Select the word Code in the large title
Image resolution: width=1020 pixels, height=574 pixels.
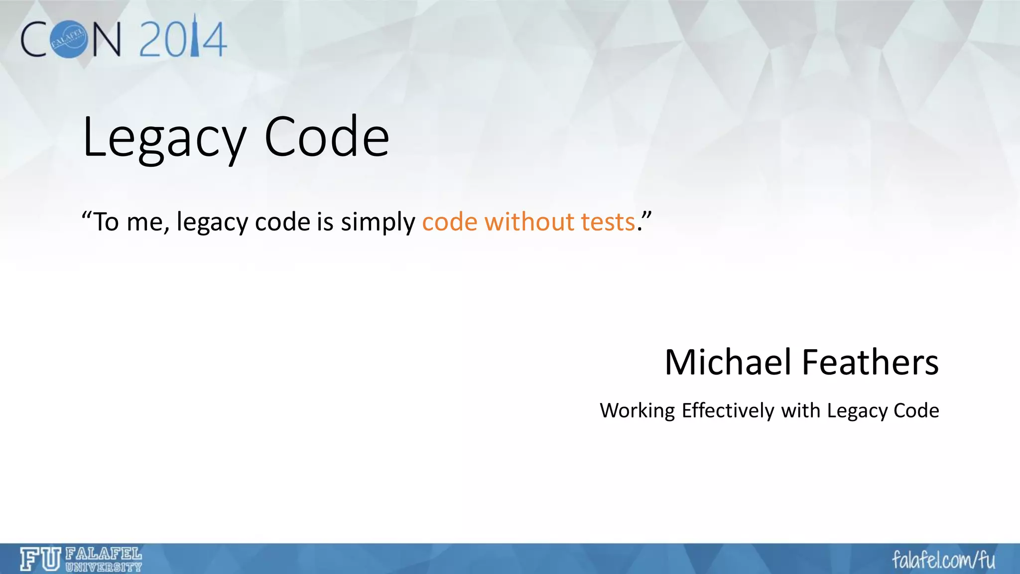pyautogui.click(x=326, y=137)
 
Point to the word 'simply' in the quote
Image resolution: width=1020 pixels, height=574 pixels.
pyautogui.click(x=378, y=223)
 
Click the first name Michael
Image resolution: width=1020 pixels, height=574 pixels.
pyautogui.click(x=728, y=362)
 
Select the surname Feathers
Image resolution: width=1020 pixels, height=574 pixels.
pyautogui.click(x=870, y=362)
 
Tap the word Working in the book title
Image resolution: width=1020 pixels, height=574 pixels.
pyautogui.click(x=637, y=411)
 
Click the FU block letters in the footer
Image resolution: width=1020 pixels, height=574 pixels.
pyautogui.click(x=40, y=559)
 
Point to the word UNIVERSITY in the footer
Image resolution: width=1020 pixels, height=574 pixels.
pyautogui.click(x=104, y=567)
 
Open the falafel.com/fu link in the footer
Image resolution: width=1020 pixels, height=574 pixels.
pyautogui.click(x=943, y=560)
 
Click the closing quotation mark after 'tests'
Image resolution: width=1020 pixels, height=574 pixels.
pyautogui.click(x=646, y=215)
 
